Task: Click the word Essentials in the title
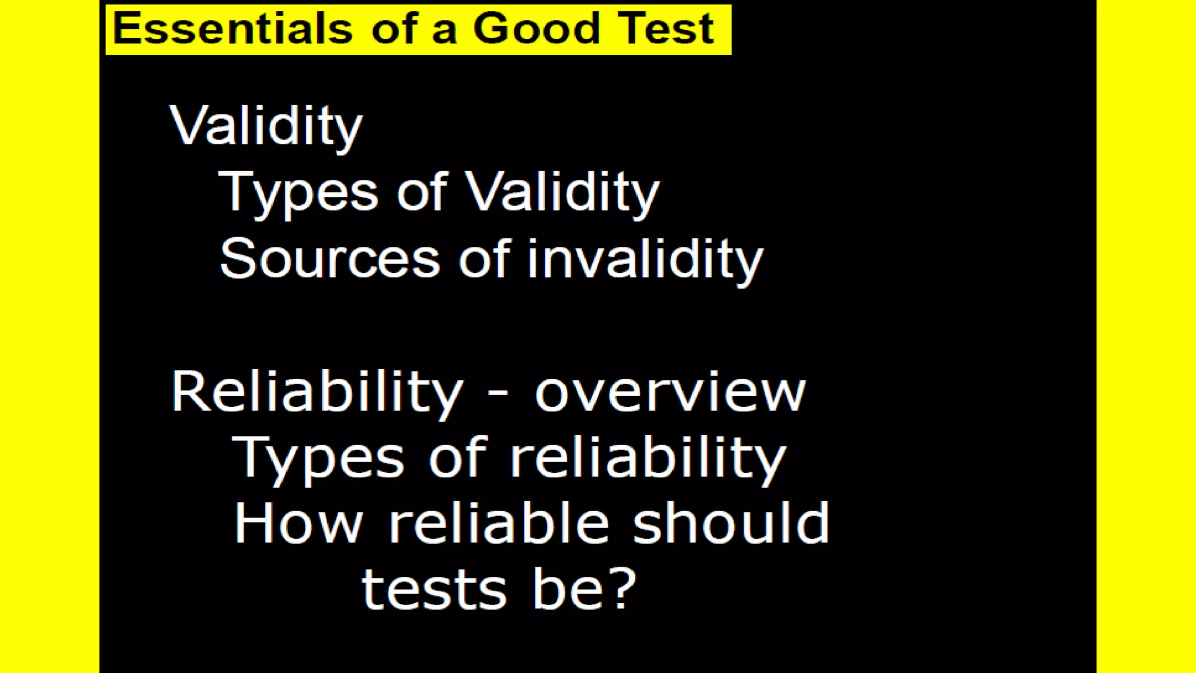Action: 232,28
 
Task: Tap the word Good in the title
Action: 536,28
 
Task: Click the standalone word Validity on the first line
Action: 266,126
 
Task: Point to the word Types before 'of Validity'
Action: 298,193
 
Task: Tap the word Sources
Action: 329,259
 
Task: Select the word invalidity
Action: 645,259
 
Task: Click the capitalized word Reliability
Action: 317,392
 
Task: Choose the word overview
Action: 670,393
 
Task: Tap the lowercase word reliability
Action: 648,458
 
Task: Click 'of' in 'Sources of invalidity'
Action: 484,259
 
